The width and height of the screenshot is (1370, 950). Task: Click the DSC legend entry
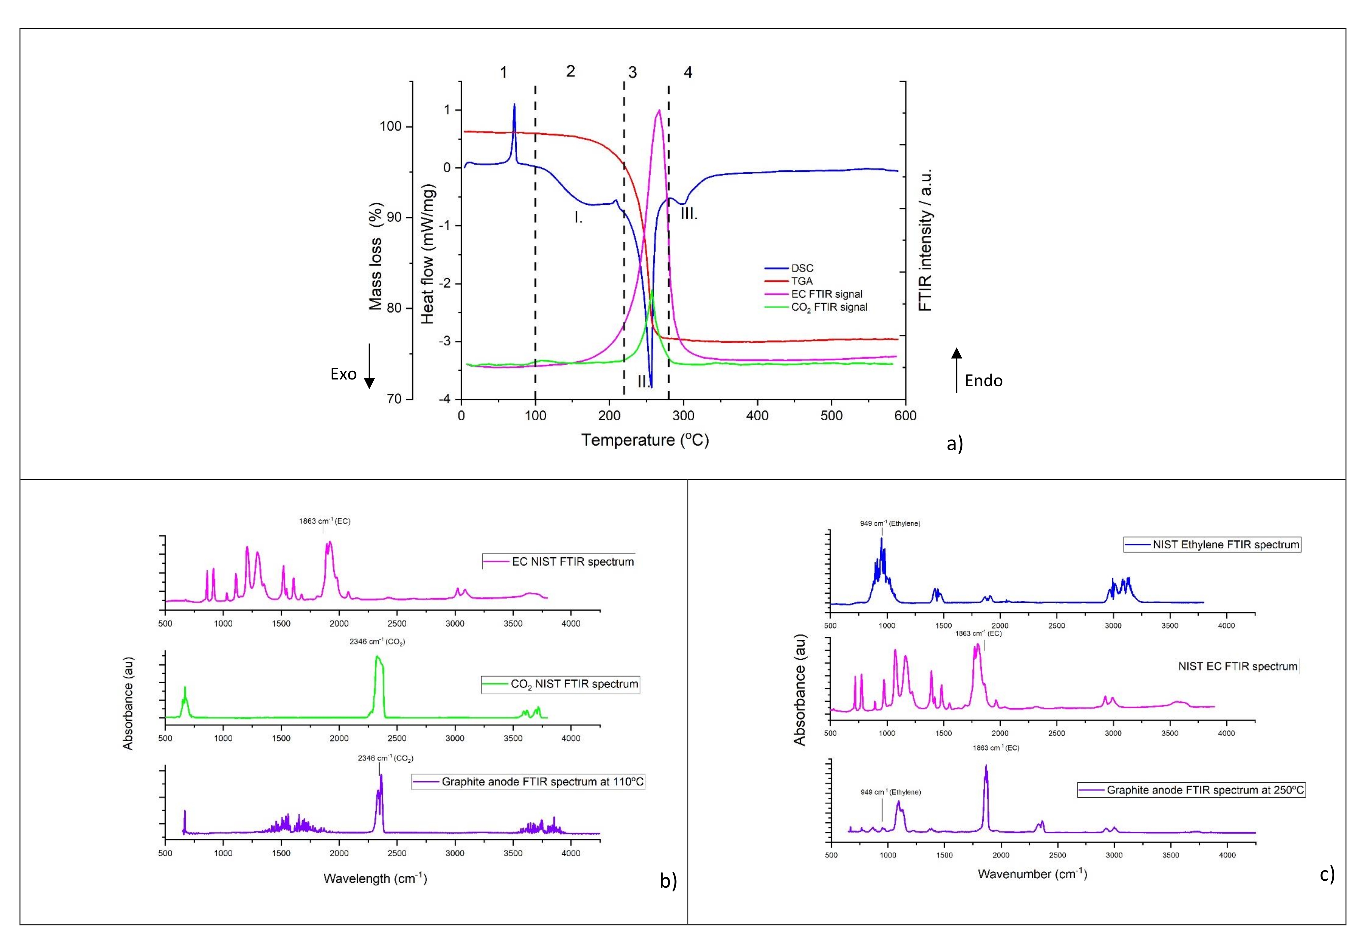[801, 268]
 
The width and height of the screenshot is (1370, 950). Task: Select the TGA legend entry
[801, 281]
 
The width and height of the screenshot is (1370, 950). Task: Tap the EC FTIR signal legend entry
[826, 294]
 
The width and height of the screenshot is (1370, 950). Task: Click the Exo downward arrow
[369, 366]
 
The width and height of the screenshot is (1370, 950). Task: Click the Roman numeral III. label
[689, 214]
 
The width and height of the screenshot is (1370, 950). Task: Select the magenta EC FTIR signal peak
[658, 111]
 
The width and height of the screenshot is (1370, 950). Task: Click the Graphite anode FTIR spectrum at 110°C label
[542, 782]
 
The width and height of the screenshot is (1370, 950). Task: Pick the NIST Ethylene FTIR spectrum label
[1226, 545]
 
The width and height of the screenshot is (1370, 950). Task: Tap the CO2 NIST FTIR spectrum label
[574, 684]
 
